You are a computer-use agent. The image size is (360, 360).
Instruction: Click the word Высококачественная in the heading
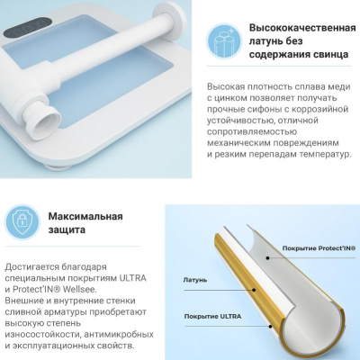tap(302, 28)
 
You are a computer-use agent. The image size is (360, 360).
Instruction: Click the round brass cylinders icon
tap(224, 40)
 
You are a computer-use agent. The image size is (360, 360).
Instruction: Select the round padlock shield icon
tap(22, 222)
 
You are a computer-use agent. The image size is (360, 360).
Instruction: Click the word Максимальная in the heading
tap(85, 216)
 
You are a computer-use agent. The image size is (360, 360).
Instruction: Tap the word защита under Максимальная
tap(67, 229)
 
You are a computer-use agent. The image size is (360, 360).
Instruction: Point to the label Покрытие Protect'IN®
tap(319, 248)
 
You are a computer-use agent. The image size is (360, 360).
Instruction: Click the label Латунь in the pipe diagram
tap(195, 280)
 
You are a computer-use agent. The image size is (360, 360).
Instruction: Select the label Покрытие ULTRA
tap(212, 317)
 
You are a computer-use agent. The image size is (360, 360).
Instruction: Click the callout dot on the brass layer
tap(255, 290)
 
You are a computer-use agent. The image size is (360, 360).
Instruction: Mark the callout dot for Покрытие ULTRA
tap(270, 327)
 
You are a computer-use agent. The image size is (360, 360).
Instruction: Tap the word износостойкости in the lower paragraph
tap(42, 335)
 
